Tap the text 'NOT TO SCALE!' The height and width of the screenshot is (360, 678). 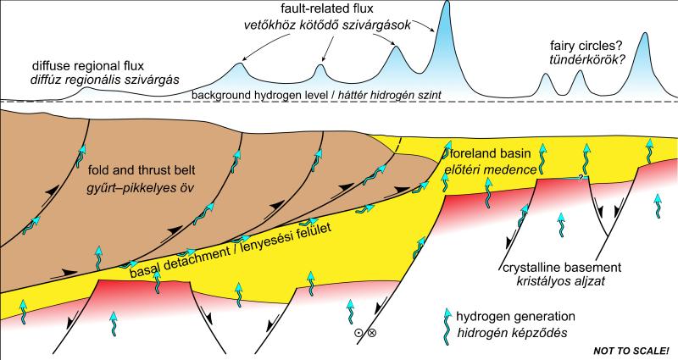[631, 351]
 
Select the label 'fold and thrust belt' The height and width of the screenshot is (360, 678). [142, 170]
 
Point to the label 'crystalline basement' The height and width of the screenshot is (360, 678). [562, 267]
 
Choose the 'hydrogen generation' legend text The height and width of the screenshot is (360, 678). [515, 316]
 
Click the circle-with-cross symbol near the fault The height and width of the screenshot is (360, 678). [372, 332]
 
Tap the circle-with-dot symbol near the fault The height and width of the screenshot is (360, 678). [358, 333]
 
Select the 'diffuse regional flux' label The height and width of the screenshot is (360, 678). [88, 66]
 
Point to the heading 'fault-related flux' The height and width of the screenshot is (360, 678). [327, 8]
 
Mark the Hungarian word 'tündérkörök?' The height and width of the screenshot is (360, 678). [587, 60]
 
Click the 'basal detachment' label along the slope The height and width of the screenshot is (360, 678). [180, 261]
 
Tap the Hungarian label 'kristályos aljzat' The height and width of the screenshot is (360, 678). [560, 281]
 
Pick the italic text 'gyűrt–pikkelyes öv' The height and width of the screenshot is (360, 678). [142, 189]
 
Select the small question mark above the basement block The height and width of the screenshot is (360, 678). [582, 177]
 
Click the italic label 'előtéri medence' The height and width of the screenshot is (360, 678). [491, 169]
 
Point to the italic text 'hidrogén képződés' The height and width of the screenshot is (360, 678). [513, 333]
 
